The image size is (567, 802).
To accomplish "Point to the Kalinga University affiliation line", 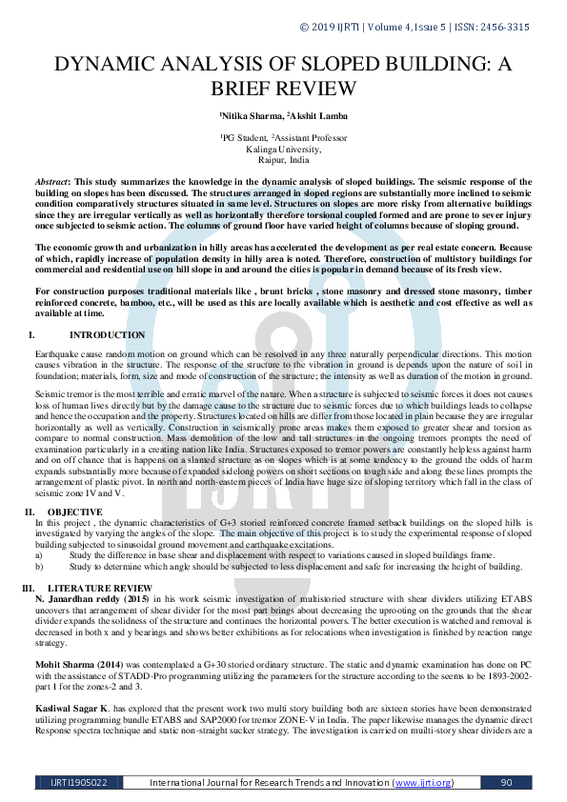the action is pos(283,150).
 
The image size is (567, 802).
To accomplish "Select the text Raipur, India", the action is pos(283,160).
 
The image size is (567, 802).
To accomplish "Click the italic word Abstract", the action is pos(51,180).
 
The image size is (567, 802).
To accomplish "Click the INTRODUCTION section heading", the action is pos(107,335).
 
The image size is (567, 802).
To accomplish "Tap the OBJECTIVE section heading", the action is pos(74,512).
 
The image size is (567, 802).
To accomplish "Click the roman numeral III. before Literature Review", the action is pos(28,589).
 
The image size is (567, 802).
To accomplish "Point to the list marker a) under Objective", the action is pos(39,554).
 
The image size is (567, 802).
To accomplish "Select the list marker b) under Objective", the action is pos(39,565).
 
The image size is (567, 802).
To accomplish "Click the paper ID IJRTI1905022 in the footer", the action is pos(79,783).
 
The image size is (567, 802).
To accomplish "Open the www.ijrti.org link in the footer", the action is pos(421,783).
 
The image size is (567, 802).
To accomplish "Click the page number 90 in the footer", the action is pos(507,783).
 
